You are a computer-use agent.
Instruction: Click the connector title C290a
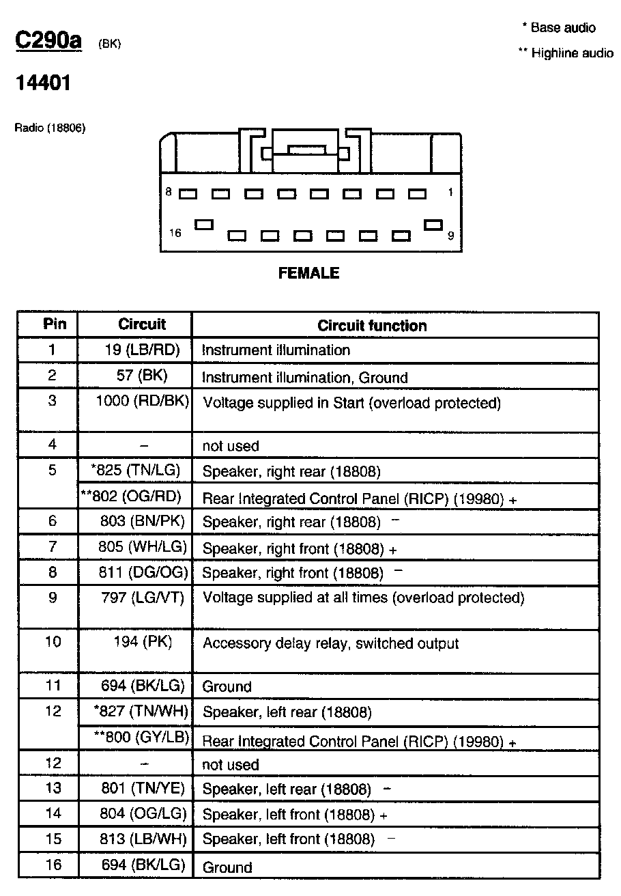48,40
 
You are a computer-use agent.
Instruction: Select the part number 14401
43,83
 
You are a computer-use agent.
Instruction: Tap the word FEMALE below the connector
309,273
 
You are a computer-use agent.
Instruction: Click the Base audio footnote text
559,28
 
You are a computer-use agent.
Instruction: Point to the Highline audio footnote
566,53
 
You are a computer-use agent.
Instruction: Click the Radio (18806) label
50,128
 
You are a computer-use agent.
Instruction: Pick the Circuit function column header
372,326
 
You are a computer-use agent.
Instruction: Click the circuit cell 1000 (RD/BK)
142,401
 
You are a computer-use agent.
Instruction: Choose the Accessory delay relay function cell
330,644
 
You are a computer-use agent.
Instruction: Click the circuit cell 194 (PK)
143,642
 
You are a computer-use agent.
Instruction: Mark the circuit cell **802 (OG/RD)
135,496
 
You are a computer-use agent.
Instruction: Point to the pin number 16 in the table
53,865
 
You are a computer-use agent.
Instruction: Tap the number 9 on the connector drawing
450,236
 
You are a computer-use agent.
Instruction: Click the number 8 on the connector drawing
169,193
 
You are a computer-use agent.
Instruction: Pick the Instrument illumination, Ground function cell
305,378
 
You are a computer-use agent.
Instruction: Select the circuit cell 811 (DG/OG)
144,572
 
